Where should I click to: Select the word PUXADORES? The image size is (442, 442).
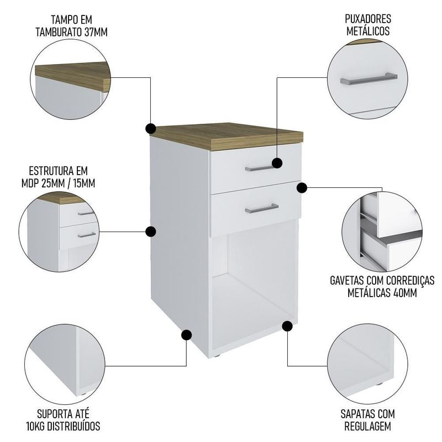point(368,19)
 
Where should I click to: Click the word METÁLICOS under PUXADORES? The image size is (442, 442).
point(368,31)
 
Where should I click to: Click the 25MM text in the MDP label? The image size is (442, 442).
point(52,183)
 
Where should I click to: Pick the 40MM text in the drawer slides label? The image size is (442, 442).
point(405,293)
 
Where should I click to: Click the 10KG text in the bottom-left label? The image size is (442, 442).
point(35,426)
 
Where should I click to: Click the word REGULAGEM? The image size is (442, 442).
point(367,426)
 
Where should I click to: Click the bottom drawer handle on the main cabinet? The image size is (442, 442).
point(261,208)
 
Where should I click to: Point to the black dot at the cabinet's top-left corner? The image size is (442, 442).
point(151,129)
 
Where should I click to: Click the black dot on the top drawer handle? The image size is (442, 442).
point(277,163)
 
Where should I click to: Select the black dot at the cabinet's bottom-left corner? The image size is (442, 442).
point(186,335)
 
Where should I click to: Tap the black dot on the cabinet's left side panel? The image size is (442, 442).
point(151,231)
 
